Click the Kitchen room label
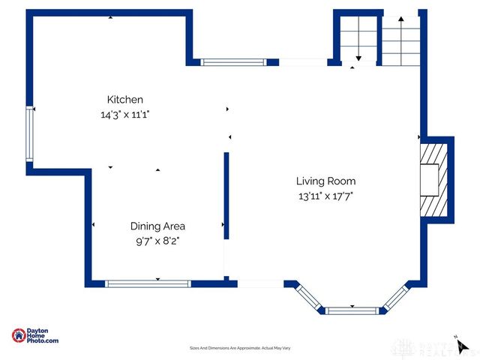click(x=125, y=99)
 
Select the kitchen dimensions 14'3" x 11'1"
click(x=125, y=115)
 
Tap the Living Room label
click(x=325, y=181)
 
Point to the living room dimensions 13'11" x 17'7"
click(x=325, y=196)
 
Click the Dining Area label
click(x=157, y=226)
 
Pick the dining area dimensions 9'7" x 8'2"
click(x=157, y=241)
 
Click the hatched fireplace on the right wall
click(x=433, y=180)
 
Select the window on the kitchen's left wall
click(x=30, y=133)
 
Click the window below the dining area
click(x=148, y=283)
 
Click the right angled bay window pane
click(x=394, y=296)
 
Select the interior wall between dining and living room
click(x=225, y=195)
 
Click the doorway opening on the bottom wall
click(x=260, y=283)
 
